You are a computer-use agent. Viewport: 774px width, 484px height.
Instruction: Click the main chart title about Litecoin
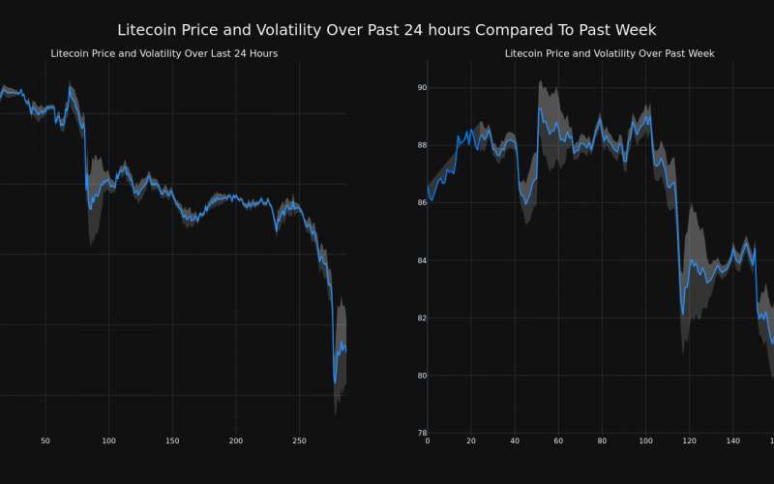click(387, 31)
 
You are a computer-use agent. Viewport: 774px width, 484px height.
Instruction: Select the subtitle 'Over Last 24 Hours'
click(164, 53)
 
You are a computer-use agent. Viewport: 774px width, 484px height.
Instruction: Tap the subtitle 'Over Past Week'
click(610, 53)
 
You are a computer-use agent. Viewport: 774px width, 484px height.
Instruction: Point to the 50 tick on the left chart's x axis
click(45, 441)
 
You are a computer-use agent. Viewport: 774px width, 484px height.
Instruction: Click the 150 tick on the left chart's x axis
click(172, 441)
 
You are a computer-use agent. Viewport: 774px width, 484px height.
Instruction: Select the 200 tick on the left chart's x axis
click(236, 441)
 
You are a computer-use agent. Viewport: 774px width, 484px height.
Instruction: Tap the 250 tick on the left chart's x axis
click(299, 441)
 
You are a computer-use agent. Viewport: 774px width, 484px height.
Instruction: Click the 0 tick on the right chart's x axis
click(428, 441)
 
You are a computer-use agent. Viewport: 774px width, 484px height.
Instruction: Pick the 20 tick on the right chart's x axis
click(471, 441)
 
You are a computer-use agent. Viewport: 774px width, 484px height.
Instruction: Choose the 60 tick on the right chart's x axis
click(558, 441)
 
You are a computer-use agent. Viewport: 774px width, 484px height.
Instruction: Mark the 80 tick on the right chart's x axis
click(602, 441)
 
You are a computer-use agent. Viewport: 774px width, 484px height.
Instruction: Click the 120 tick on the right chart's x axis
click(689, 441)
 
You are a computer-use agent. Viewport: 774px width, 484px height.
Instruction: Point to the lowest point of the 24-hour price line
click(335, 382)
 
